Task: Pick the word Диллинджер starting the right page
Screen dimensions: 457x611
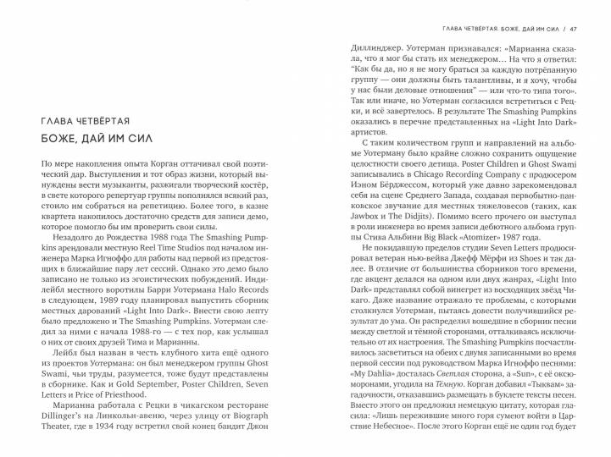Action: (380, 49)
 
